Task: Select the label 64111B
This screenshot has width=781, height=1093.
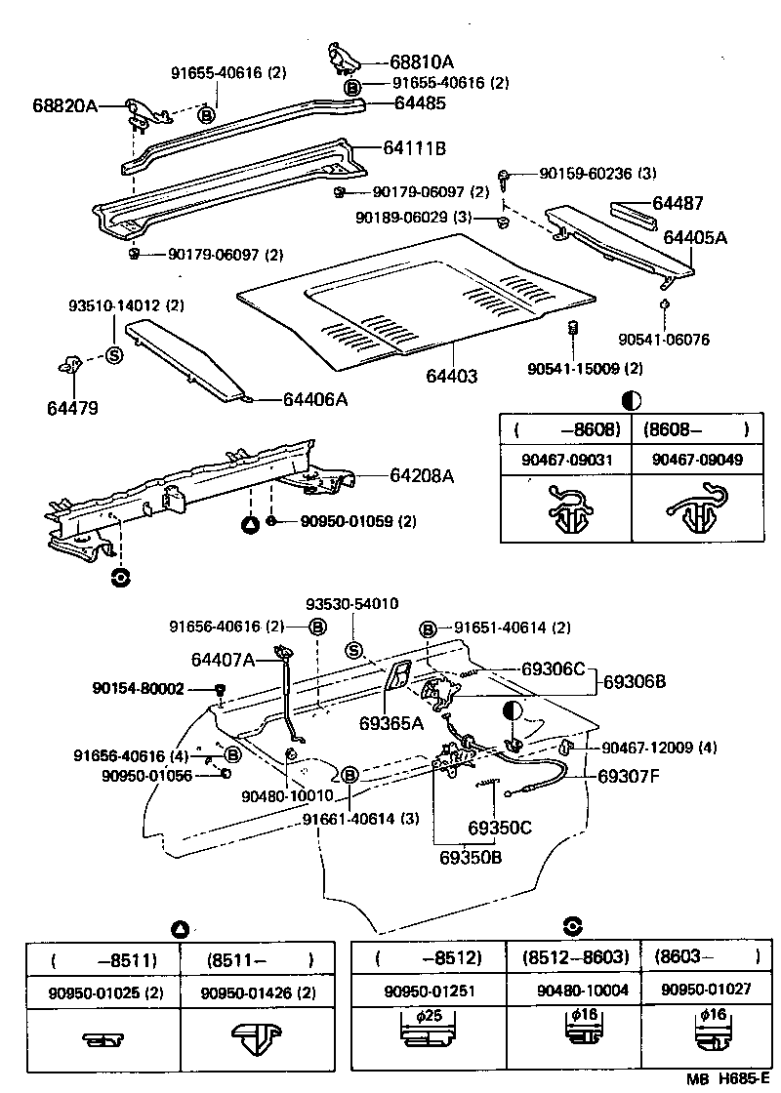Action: point(414,148)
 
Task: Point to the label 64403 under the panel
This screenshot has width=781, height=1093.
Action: point(451,376)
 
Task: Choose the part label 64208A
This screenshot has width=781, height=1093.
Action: point(422,476)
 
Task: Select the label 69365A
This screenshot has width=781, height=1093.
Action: point(390,723)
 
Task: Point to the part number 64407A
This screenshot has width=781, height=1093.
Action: point(223,661)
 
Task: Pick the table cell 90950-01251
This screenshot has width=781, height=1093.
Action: point(429,991)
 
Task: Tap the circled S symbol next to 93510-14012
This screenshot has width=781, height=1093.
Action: point(112,354)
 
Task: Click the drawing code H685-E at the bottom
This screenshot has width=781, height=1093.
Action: point(747,1079)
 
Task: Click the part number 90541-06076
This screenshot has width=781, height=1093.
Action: point(663,340)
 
